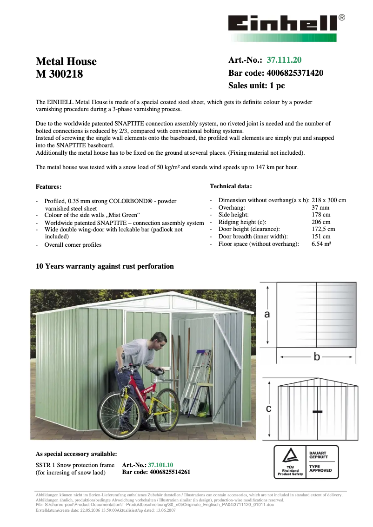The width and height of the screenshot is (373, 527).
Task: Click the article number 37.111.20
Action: tap(284, 60)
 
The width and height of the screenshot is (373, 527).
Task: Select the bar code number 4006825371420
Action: tap(295, 73)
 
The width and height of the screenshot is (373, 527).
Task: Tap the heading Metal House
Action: tap(66, 61)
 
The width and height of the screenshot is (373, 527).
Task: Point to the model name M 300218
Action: tap(59, 73)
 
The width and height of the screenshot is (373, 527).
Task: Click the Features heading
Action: tap(48, 187)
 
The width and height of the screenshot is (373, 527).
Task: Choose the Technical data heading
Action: tap(231, 186)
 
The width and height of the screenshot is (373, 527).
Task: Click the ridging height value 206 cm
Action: tap(320, 222)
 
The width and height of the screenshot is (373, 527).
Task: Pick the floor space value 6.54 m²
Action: tap(321, 244)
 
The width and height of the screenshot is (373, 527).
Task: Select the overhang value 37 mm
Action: tap(320, 208)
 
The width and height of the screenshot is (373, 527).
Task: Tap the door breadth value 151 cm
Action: tap(320, 237)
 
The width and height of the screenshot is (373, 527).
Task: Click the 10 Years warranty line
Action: tap(105, 266)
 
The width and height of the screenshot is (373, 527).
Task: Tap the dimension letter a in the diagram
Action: tap(267, 315)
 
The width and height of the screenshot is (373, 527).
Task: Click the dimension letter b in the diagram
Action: tap(317, 357)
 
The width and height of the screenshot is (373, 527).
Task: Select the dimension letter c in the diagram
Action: tap(268, 409)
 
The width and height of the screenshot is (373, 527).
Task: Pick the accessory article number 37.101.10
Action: tap(160, 465)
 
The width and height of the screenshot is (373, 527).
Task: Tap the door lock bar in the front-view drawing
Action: tap(318, 412)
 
